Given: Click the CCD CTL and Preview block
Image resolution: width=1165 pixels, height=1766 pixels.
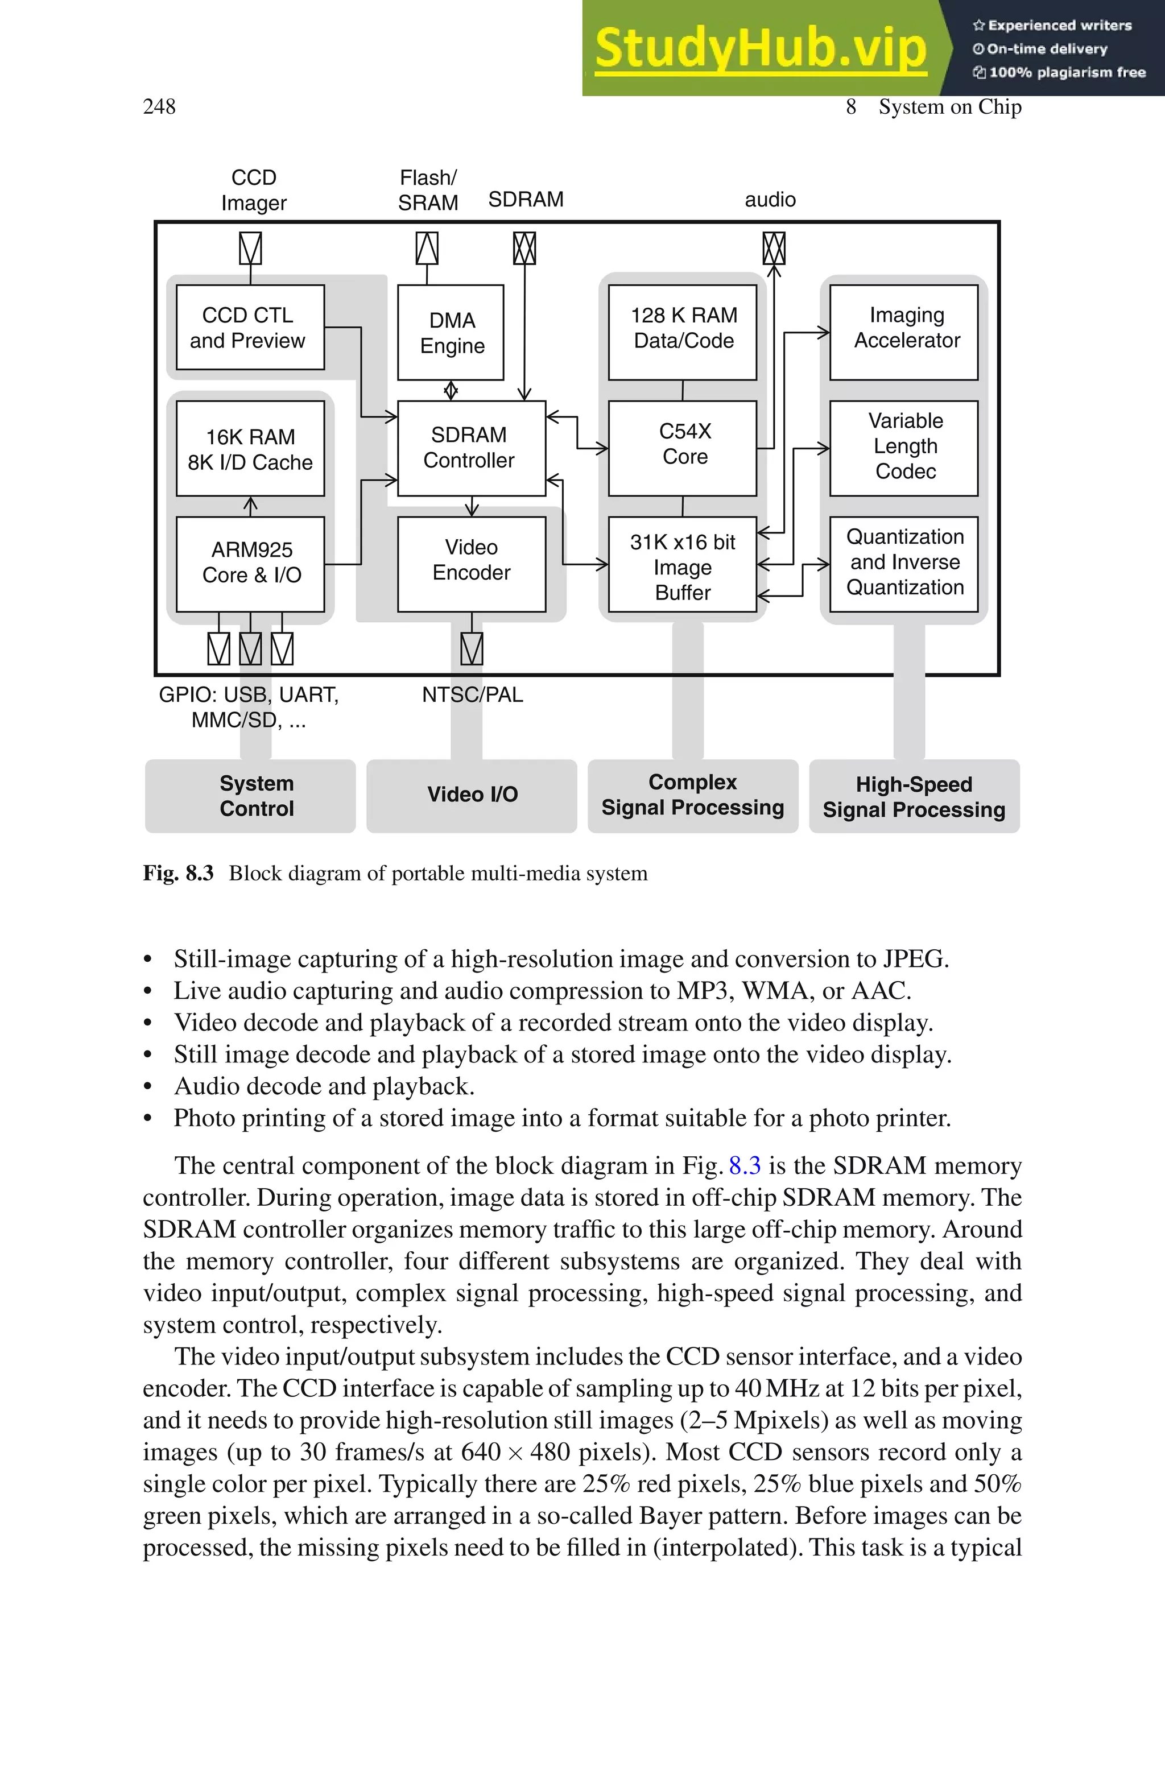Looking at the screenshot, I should tap(250, 328).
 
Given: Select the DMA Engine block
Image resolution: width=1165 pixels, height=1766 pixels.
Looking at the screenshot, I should tap(451, 333).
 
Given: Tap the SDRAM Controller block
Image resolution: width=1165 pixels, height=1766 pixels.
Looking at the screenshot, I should tap(471, 448).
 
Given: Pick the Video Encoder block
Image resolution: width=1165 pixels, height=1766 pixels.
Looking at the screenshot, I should tap(471, 564).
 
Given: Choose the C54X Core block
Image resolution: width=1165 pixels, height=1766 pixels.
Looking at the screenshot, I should tap(682, 448).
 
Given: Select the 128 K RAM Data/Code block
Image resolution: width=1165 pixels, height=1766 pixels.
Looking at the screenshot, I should tap(682, 332).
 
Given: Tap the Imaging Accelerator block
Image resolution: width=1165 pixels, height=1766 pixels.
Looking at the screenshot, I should tap(903, 332).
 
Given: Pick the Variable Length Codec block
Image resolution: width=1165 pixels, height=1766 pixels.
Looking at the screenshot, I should tap(903, 448).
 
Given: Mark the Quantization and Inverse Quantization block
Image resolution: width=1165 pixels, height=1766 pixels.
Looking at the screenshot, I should tap(903, 564).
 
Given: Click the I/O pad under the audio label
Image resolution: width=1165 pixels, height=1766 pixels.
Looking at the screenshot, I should tap(774, 248).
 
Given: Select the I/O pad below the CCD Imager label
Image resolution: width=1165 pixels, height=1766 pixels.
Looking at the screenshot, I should tap(250, 248).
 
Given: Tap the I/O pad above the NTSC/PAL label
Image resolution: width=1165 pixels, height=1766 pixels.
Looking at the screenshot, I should tap(472, 648).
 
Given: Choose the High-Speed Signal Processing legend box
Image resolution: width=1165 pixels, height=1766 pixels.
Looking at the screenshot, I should tap(914, 796).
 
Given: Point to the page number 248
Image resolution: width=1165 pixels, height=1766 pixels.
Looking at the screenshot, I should tap(159, 107).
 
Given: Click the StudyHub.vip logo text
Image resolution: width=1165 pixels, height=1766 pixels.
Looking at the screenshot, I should tap(760, 48).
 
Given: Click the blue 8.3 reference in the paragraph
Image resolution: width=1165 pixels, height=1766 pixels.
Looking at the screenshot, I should tap(745, 1165).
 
